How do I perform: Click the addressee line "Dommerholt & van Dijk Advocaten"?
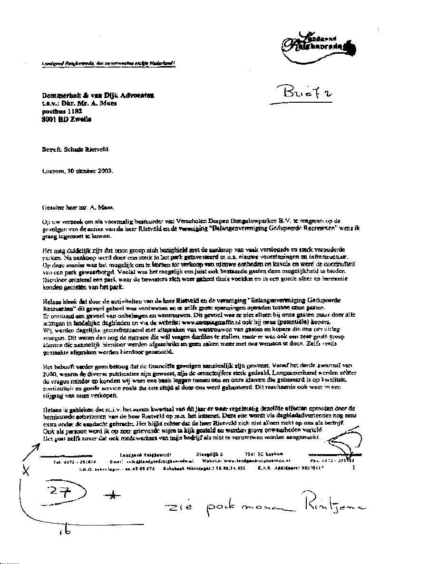pos(97,96)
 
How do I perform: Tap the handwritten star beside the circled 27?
pos(112,496)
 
